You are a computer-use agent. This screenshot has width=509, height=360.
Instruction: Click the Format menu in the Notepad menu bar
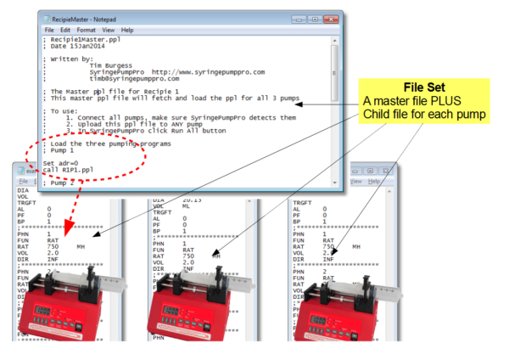[85, 30]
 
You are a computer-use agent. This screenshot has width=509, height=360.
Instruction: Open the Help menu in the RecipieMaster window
[128, 30]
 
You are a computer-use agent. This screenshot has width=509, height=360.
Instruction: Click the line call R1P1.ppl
[71, 169]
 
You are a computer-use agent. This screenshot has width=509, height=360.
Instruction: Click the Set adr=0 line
[63, 162]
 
